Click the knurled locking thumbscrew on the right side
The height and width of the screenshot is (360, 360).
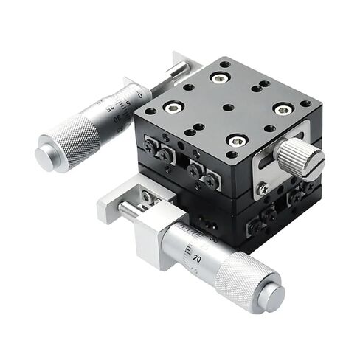click(x=301, y=157)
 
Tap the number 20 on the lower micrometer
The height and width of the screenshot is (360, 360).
click(x=197, y=259)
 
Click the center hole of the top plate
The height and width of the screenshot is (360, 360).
click(x=228, y=108)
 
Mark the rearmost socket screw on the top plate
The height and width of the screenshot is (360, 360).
click(x=218, y=77)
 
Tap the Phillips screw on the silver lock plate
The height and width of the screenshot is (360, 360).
click(x=263, y=188)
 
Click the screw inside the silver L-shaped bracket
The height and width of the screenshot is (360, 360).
click(x=148, y=197)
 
